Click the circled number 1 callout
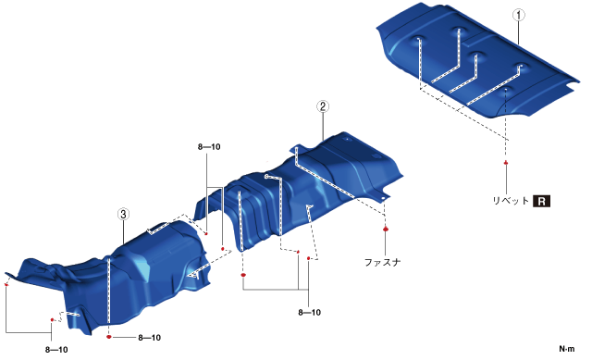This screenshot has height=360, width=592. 519,15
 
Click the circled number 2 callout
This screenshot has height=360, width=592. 323,106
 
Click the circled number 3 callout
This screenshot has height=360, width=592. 123,214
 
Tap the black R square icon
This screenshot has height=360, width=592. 541,201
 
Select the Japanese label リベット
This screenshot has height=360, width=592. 511,201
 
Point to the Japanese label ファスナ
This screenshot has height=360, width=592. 382,262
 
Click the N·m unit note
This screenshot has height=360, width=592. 567,349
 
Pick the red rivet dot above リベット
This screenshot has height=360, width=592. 506,163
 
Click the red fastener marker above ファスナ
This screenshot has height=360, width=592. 385,229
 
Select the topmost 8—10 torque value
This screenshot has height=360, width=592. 209,147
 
